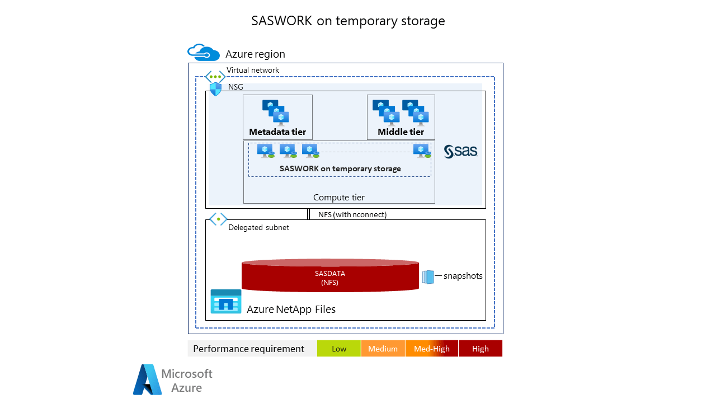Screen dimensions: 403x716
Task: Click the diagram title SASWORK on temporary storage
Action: coord(348,21)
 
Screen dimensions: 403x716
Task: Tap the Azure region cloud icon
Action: coord(203,53)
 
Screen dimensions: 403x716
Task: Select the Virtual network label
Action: coord(252,71)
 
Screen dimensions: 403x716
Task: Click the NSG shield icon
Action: coord(215,88)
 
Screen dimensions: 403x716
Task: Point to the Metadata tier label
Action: coord(277,132)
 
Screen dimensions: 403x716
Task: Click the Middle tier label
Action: coord(401,132)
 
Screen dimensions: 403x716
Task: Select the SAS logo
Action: coord(460,152)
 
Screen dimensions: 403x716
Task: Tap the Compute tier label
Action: coord(339,197)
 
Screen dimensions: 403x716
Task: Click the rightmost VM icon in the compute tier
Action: coord(421,151)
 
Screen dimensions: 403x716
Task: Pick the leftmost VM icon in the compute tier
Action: coord(266,151)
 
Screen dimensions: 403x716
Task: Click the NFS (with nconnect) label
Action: coord(352,214)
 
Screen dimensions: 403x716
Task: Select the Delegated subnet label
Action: coord(258,228)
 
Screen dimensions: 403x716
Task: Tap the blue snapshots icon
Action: coord(428,277)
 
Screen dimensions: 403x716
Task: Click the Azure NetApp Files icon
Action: coord(226,302)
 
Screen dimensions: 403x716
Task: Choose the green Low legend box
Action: coord(339,349)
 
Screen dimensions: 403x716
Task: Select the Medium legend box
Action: coord(383,349)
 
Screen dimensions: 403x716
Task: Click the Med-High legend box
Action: coord(431,349)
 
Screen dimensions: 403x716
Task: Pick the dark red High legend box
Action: coord(480,349)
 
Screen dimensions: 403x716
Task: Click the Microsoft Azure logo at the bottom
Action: coord(173,380)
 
